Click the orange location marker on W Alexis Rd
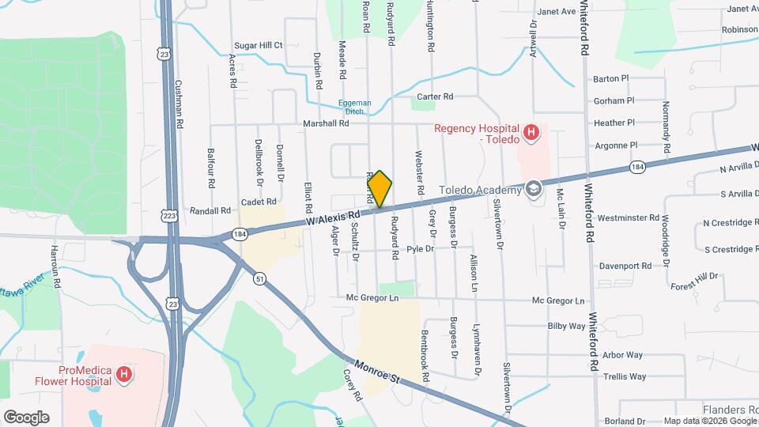click(x=380, y=189)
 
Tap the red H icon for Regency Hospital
click(x=531, y=131)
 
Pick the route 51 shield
click(x=259, y=278)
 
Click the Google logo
click(x=26, y=418)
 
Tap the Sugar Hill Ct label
click(x=258, y=46)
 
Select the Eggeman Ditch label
click(x=354, y=107)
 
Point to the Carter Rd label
click(x=435, y=96)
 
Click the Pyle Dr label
click(x=420, y=249)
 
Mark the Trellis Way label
click(x=624, y=376)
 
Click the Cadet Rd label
click(x=258, y=202)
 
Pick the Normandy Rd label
click(x=666, y=127)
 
